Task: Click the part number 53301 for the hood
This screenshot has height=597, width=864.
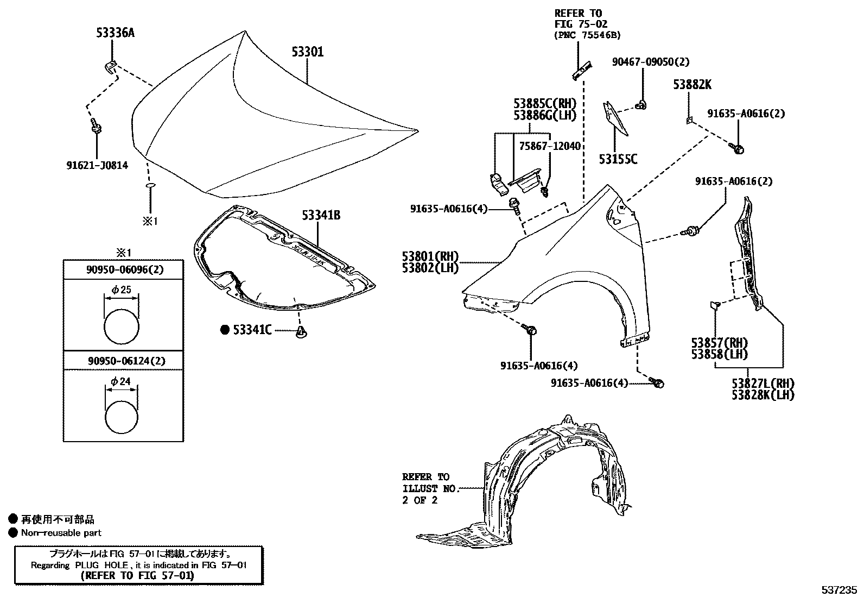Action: (307, 52)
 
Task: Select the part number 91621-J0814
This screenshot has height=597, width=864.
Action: (97, 165)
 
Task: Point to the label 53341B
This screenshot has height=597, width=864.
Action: (321, 216)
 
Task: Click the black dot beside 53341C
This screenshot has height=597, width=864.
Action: (225, 329)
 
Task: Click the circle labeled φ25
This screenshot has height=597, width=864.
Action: (122, 326)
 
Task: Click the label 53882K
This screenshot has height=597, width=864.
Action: (692, 85)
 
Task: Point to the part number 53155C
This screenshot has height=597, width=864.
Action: (618, 159)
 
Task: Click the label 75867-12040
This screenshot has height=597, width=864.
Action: (549, 146)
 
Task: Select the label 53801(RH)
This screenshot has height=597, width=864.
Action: (430, 256)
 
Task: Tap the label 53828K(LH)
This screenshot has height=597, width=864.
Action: (763, 395)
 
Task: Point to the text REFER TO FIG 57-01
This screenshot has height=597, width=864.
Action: (136, 576)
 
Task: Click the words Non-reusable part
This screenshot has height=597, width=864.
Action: (61, 533)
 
